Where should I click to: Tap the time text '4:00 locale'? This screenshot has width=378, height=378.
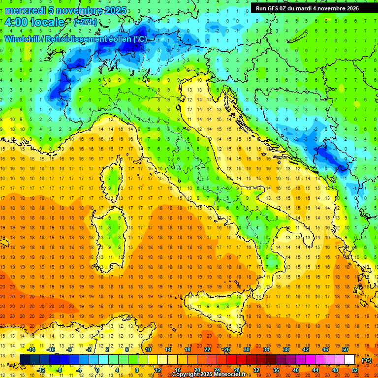[34, 22]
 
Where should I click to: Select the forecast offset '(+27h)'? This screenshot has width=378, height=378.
[85, 22]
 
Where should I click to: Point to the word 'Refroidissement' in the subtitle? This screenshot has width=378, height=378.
[79, 39]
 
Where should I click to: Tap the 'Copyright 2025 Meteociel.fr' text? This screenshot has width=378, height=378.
[209, 374]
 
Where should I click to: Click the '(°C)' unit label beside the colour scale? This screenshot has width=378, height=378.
[367, 360]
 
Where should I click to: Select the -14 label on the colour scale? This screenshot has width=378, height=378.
[31, 349]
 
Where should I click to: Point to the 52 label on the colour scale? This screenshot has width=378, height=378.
[355, 370]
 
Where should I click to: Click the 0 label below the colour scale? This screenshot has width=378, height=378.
[97, 370]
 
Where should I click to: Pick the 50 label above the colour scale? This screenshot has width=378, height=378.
[345, 349]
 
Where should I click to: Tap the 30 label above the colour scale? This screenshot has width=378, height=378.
[246, 349]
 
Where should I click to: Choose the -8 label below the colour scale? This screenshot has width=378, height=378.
[59, 370]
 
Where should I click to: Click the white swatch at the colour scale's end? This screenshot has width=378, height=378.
[349, 359]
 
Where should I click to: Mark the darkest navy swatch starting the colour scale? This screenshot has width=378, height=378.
[25, 359]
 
